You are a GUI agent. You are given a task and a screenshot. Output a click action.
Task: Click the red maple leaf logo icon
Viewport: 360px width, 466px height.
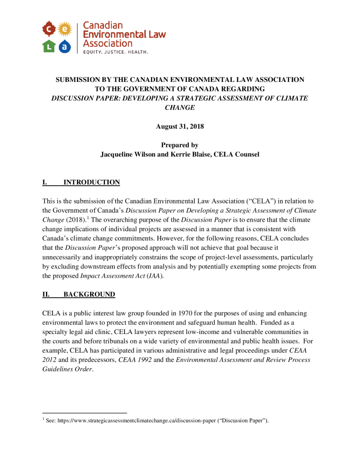coord(49,29)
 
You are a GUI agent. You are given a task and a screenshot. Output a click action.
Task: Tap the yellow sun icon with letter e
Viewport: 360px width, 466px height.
coord(66,29)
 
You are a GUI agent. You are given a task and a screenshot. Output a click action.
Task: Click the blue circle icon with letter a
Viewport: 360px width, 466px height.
coord(66,46)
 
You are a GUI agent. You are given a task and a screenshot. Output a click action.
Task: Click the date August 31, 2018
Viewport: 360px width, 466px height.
coord(180,127)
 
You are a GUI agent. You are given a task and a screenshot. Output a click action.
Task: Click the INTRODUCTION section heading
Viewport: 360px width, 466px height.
coord(91,182)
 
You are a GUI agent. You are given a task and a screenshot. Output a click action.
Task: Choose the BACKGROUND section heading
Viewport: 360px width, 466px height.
coord(89,294)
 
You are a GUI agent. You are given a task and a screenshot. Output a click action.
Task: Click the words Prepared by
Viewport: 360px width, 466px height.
coord(180,145)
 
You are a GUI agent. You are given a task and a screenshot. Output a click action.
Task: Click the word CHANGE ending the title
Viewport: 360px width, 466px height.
coord(180,107)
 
